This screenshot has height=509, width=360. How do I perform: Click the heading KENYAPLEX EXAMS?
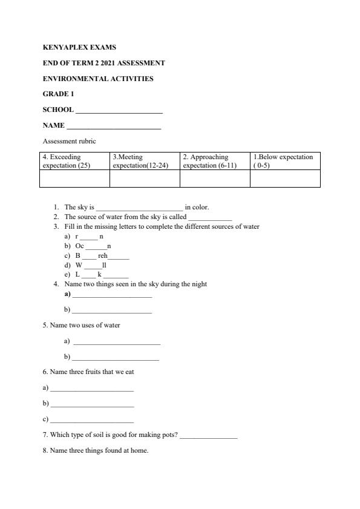point(79,47)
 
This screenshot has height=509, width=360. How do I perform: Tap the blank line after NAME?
point(114,126)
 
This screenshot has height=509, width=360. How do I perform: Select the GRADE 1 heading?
point(58,94)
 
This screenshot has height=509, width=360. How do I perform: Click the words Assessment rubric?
point(69,141)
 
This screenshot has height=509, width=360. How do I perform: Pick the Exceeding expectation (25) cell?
point(74,161)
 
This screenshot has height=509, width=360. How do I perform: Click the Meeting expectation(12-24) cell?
point(145,161)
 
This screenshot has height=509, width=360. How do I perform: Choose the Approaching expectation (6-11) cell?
point(215,161)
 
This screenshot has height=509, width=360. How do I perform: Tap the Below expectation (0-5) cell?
point(285,161)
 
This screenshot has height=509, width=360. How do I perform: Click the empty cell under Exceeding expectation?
point(74,179)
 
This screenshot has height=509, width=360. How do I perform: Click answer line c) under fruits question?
point(92,420)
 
